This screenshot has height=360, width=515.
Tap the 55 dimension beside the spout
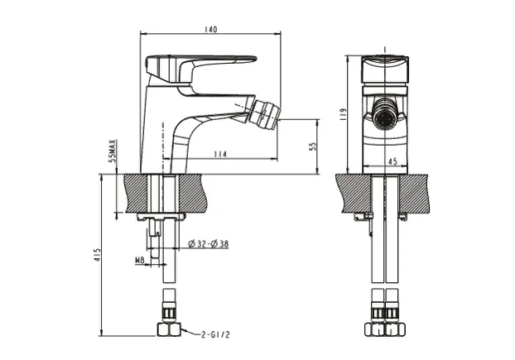click(313, 146)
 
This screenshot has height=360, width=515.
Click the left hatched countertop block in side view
click(137, 192)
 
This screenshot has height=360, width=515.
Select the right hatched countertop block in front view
click(419, 192)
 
